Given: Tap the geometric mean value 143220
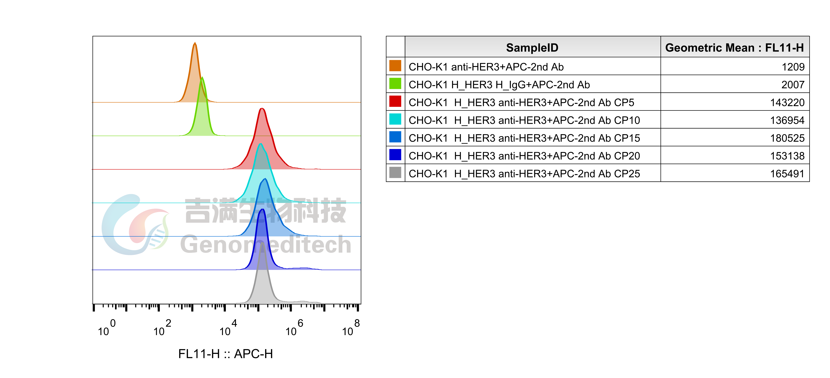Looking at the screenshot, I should [787, 102].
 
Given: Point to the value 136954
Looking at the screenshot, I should [787, 120].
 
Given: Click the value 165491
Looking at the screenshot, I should [787, 174].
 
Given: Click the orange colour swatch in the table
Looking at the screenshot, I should [395, 66].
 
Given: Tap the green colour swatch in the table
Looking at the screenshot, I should [395, 83].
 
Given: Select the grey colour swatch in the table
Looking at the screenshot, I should [395, 172].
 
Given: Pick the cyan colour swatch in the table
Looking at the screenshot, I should [395, 119].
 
